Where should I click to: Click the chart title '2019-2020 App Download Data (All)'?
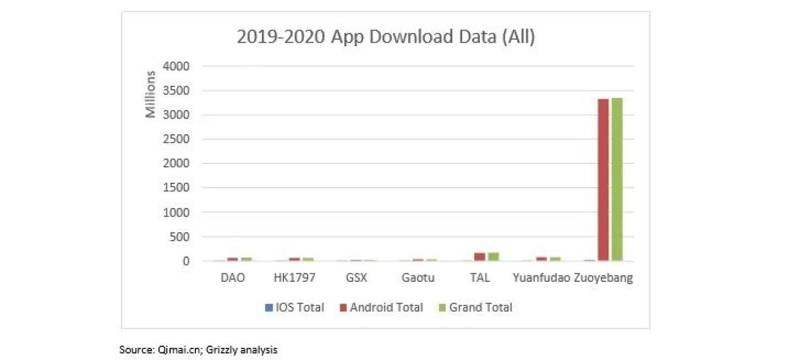(x=386, y=37)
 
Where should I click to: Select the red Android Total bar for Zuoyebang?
(x=603, y=180)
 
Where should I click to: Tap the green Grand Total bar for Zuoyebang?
(x=617, y=179)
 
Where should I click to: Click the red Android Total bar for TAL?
(x=480, y=257)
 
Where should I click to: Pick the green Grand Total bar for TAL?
(x=493, y=256)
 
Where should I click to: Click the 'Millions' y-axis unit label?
(x=151, y=94)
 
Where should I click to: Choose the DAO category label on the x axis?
(x=232, y=278)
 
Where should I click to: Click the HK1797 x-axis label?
(x=294, y=278)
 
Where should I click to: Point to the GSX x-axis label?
(x=356, y=278)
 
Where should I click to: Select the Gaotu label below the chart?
(x=418, y=278)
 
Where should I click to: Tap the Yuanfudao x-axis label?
(x=541, y=278)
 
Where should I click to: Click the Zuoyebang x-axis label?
(x=603, y=278)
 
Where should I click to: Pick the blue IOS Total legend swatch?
(x=268, y=308)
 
